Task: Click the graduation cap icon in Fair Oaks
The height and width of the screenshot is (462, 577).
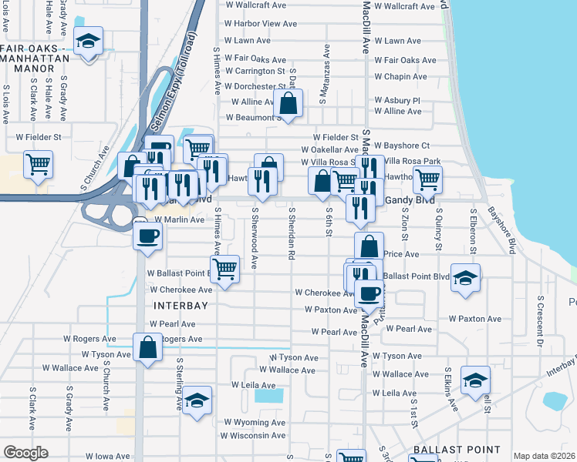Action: click(89, 43)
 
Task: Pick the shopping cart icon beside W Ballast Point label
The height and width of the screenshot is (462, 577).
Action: click(224, 269)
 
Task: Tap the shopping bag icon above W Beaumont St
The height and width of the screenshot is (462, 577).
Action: click(288, 103)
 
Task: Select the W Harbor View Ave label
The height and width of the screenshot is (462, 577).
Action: click(261, 24)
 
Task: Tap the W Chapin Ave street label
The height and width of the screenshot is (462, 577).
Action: click(400, 76)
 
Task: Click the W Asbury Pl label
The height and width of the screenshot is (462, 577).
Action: click(397, 100)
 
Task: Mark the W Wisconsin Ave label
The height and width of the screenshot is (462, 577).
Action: click(255, 435)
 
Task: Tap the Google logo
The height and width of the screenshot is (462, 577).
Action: click(25, 453)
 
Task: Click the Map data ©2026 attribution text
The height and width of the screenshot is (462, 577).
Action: click(544, 456)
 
